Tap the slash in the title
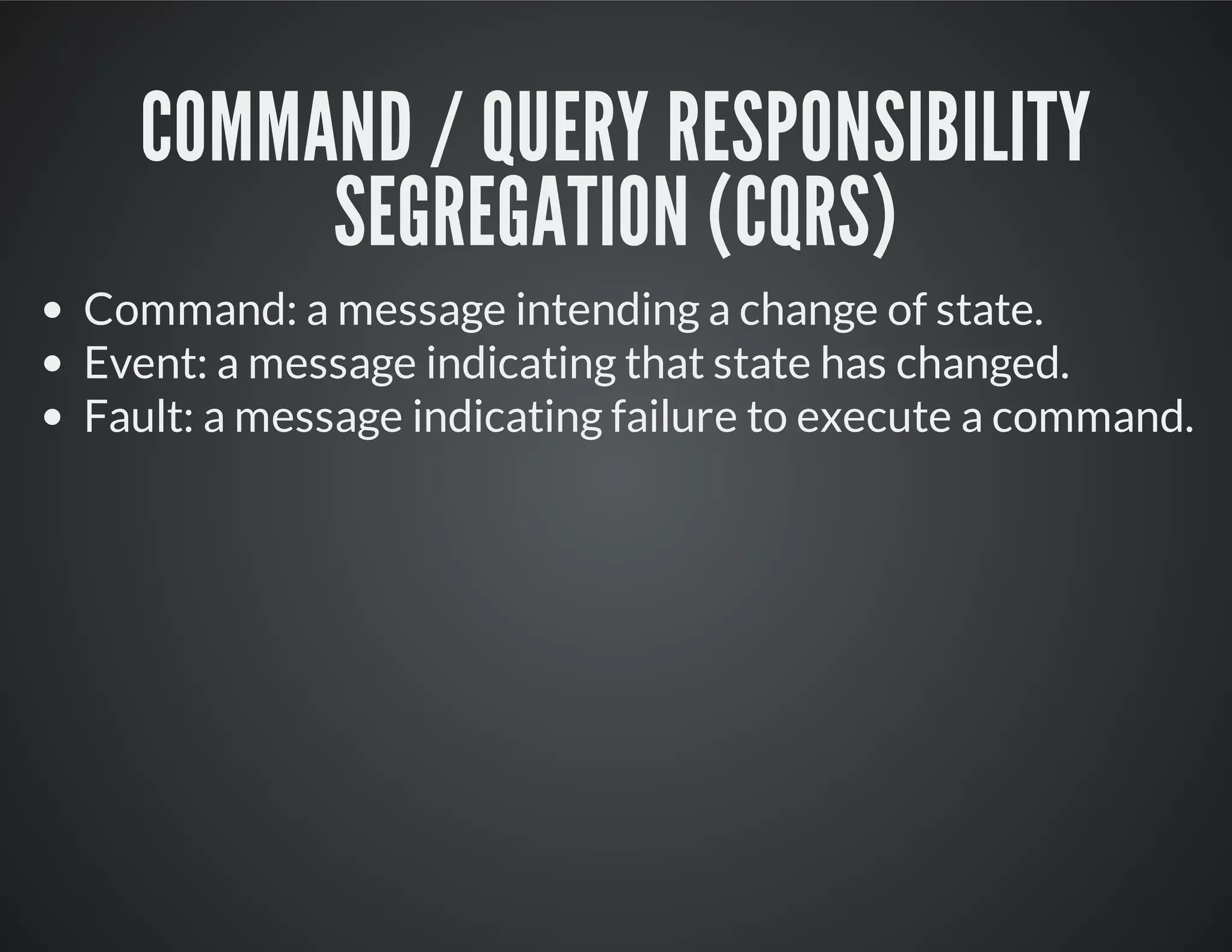[x=445, y=128]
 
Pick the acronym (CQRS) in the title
[x=801, y=211]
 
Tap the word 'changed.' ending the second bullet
[x=983, y=365]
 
